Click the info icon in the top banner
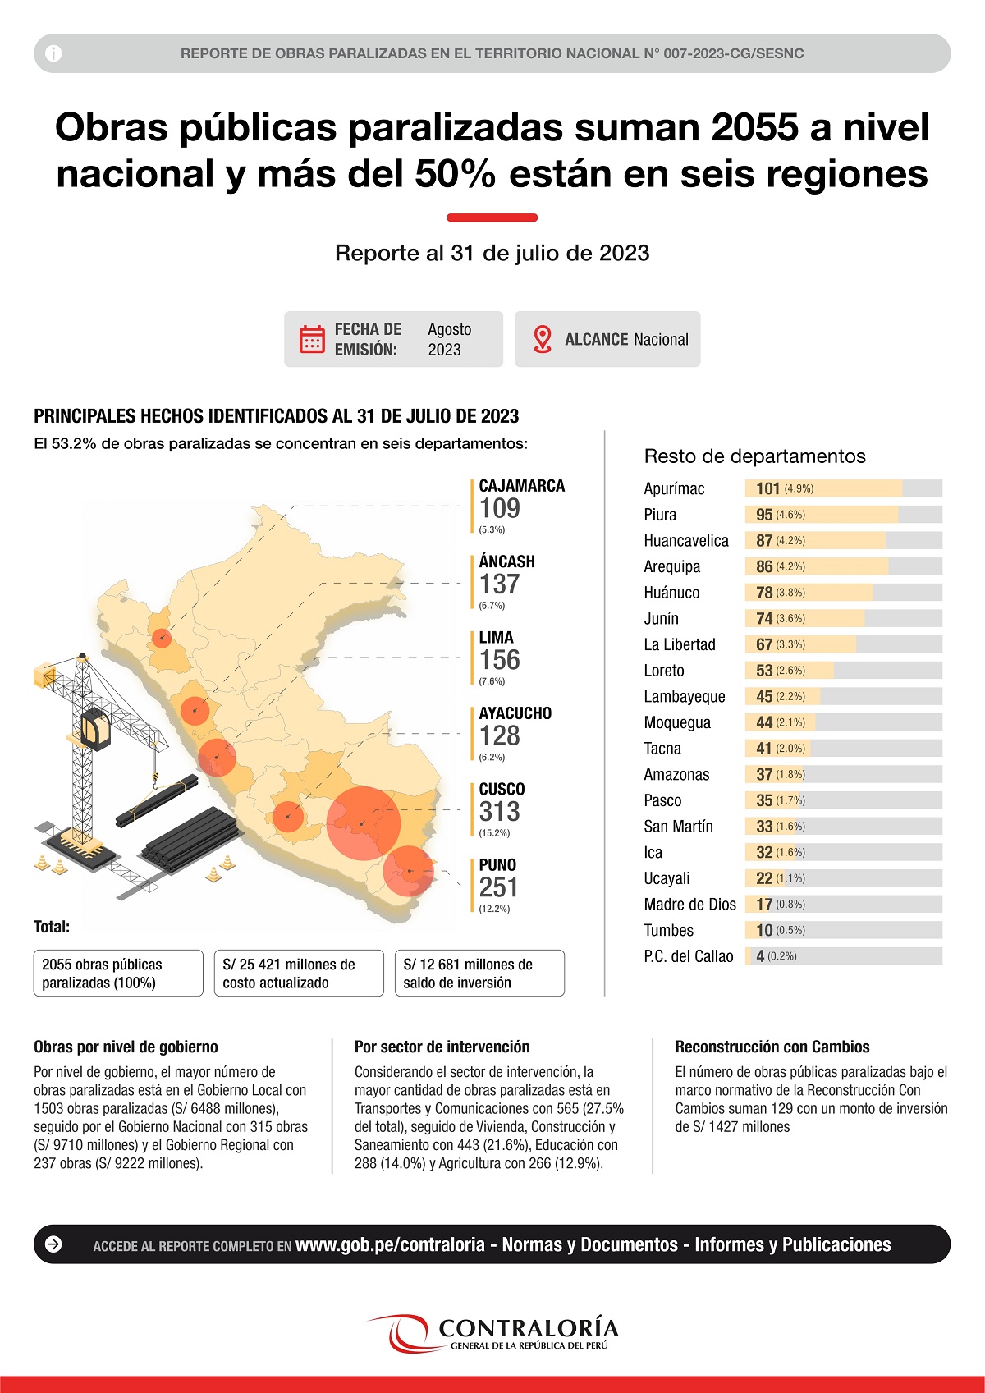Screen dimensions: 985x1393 tap(53, 53)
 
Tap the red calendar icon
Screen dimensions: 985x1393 tap(312, 339)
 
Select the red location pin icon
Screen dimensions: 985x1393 tap(543, 339)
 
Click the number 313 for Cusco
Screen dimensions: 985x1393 tap(499, 811)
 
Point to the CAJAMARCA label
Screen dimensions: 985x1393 tap(522, 486)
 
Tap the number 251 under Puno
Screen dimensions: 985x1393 tap(499, 887)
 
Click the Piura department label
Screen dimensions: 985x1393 tap(660, 515)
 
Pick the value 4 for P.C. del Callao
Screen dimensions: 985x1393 tap(760, 955)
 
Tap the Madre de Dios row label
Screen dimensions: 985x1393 tap(689, 905)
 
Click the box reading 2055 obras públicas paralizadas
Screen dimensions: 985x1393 tap(118, 974)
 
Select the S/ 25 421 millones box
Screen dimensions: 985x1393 tap(299, 974)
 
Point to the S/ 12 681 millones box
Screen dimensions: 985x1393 tap(479, 974)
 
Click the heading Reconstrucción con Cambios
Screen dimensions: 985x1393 tap(772, 1047)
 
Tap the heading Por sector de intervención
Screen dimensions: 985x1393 tap(442, 1047)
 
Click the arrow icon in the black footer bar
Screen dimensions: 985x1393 tap(54, 1244)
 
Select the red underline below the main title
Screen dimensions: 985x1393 tap(492, 218)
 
